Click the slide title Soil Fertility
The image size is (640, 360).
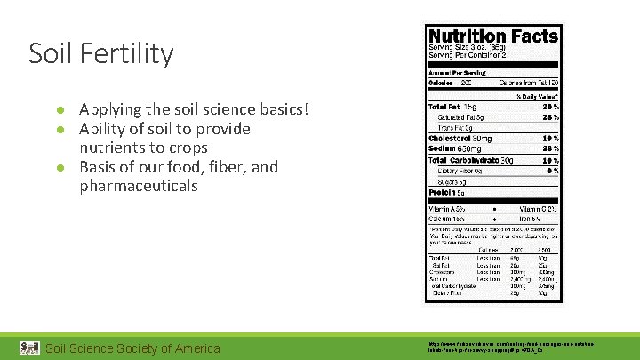pos(100,54)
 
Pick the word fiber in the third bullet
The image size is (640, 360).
pos(220,167)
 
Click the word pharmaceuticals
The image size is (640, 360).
pos(138,186)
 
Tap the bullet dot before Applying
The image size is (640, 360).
pos(60,110)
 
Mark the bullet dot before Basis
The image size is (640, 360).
pos(60,168)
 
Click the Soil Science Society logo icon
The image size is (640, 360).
pos(29,347)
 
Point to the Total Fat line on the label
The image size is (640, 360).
pos(459,107)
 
